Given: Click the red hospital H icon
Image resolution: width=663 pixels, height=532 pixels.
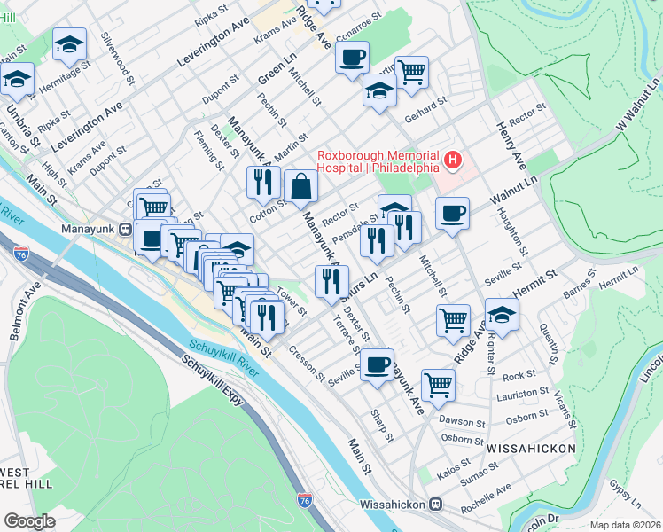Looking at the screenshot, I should tap(453, 160).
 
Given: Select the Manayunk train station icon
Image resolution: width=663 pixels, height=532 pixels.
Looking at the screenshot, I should tap(126, 229).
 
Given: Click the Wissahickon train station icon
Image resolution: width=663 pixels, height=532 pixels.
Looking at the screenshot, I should tap(435, 504).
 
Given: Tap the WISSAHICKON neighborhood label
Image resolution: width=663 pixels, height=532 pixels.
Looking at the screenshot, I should tap(531, 449).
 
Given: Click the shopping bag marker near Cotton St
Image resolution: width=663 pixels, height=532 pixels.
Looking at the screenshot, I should tap(300, 186).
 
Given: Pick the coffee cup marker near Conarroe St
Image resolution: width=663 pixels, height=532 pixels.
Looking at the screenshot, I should tap(351, 59).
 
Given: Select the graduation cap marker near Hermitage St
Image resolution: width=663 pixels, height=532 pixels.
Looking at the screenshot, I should tap(69, 45).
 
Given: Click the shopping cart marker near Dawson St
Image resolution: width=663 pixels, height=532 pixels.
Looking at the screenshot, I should tap(438, 385).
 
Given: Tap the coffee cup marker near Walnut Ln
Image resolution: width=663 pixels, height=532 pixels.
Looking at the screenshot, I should tap(452, 214).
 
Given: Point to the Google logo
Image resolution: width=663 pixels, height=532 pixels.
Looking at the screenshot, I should tap(30, 521).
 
